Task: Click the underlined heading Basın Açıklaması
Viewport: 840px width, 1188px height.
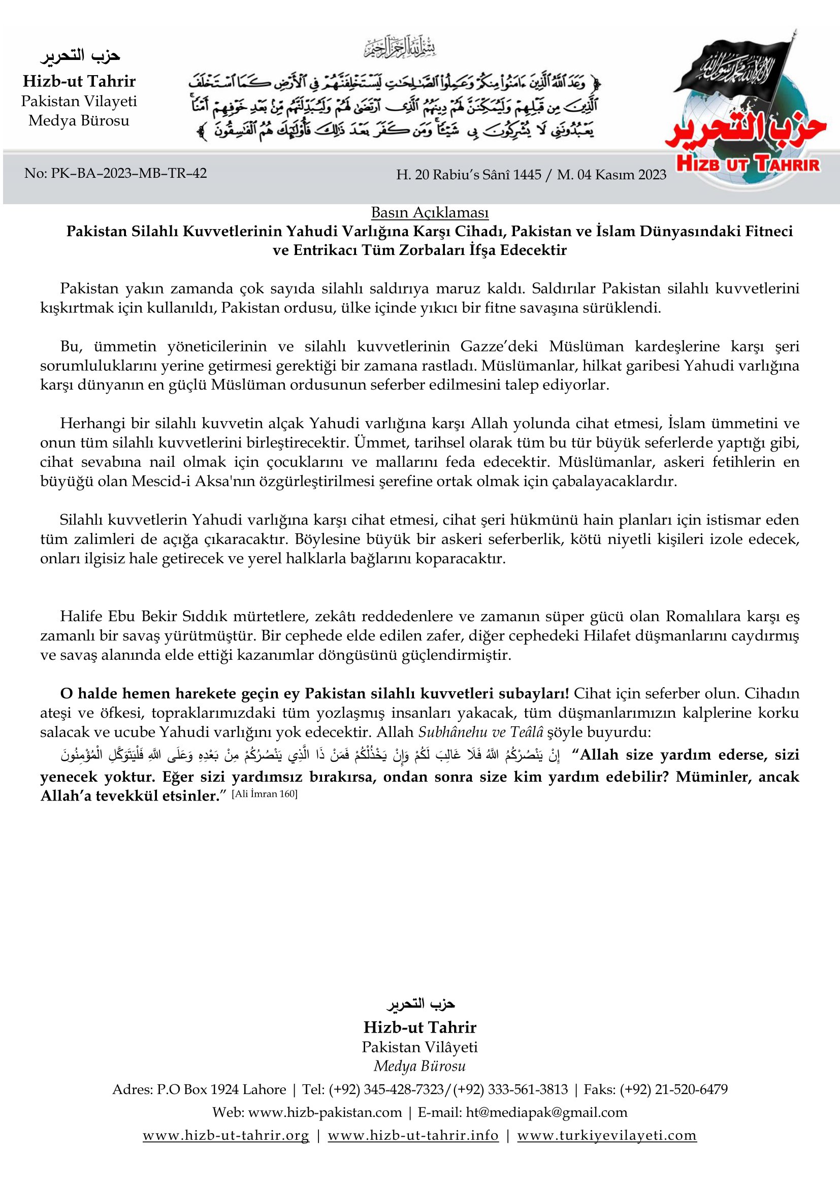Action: tap(429, 213)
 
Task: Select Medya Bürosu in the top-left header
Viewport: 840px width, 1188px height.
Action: tap(79, 120)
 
